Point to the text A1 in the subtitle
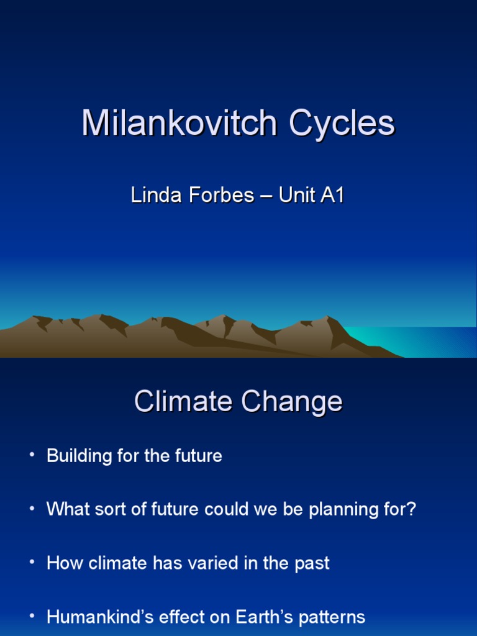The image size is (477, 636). coord(332,196)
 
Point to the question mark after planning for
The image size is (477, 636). coord(411,510)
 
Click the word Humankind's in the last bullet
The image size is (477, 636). coord(91,617)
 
